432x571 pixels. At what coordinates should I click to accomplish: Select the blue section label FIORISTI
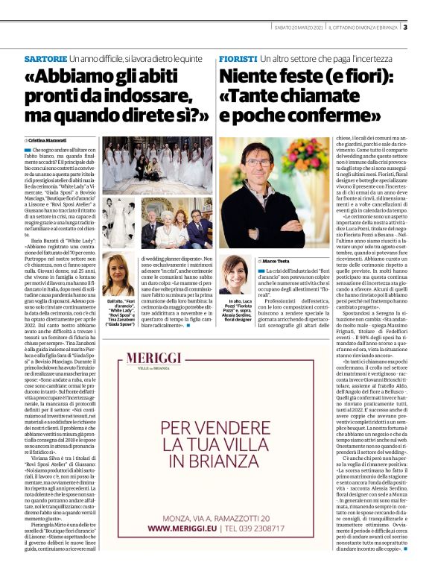tap(237, 58)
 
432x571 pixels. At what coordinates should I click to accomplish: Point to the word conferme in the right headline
tap(331, 117)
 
